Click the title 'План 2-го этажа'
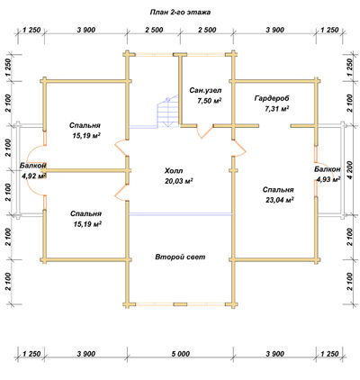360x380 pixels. click(x=180, y=13)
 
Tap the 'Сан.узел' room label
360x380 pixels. click(x=205, y=90)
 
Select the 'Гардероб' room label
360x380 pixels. click(x=273, y=98)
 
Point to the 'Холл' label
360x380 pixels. click(x=174, y=171)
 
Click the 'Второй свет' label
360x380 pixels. click(x=180, y=257)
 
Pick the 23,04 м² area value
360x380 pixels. click(x=279, y=200)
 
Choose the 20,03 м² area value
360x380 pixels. click(x=179, y=181)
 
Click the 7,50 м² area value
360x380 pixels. click(x=210, y=101)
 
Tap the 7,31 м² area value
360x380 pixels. click(x=276, y=109)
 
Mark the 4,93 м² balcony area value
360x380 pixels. click(x=328, y=179)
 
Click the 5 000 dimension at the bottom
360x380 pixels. click(x=180, y=354)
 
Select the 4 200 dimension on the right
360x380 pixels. click(x=350, y=169)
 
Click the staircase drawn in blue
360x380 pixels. click(x=168, y=112)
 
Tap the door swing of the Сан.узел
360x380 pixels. click(x=204, y=131)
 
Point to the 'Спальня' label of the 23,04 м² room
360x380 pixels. click(x=278, y=190)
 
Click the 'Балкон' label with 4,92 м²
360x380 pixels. click(x=33, y=166)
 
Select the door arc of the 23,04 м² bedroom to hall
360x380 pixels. click(x=239, y=149)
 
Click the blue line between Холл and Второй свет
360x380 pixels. click(x=180, y=214)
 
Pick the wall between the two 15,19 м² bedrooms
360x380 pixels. click(x=85, y=171)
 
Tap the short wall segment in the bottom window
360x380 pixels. click(x=180, y=304)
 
